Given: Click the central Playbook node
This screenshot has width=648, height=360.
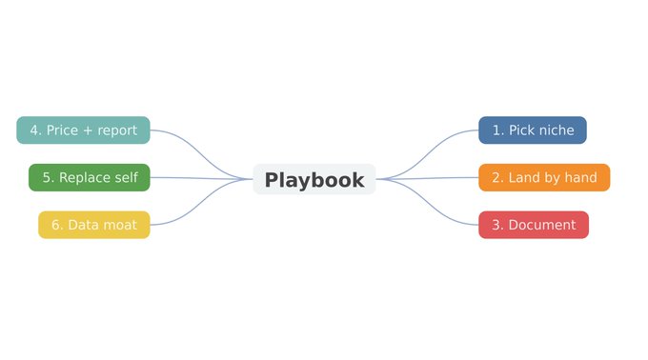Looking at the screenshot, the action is [x=314, y=179].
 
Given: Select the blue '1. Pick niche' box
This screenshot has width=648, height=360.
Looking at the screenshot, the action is [x=533, y=130].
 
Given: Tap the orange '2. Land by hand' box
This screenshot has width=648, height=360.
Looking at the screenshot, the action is [x=544, y=177].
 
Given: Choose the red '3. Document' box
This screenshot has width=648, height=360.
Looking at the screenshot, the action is [x=534, y=225].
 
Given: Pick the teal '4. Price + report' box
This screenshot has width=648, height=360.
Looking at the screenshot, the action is [x=83, y=130].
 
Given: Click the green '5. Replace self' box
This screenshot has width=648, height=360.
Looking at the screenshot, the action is [x=90, y=177].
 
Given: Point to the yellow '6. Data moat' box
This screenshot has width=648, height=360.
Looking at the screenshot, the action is [x=94, y=225].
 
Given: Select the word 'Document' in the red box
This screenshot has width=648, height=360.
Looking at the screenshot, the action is [x=542, y=225].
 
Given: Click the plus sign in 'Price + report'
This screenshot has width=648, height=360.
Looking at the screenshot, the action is [x=88, y=130].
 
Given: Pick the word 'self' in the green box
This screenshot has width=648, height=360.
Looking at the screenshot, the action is [x=127, y=177].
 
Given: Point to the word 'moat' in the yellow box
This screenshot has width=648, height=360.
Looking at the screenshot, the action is [x=119, y=225].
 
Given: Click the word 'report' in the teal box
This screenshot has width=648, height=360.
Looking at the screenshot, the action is [x=117, y=131].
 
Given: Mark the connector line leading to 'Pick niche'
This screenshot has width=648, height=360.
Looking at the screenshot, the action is [x=427, y=155].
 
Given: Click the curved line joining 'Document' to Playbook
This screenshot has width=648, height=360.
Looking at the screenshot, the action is [x=427, y=202].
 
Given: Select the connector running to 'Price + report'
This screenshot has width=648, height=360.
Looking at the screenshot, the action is [x=201, y=155].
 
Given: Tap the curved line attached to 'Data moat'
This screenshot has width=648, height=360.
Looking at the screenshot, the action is [x=201, y=202].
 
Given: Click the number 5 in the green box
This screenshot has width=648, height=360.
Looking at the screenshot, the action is [x=47, y=177].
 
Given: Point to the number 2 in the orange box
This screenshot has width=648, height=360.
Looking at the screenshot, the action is [x=496, y=177].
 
